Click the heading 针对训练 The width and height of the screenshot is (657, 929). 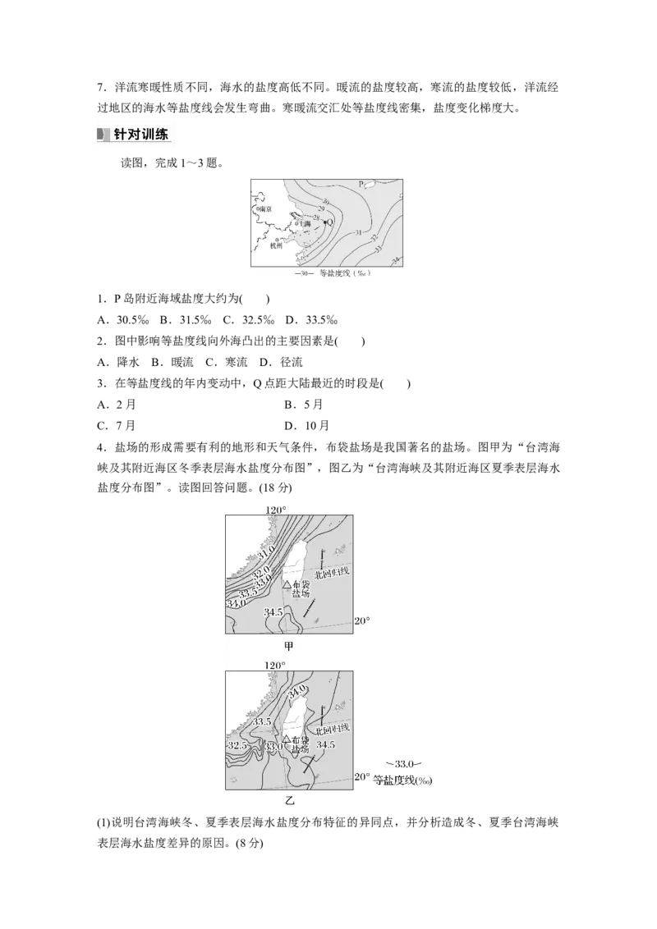pyautogui.click(x=140, y=135)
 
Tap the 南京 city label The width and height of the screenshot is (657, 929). pyautogui.click(x=264, y=209)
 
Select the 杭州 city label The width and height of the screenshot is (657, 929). pyautogui.click(x=276, y=244)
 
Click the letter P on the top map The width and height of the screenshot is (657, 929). pyautogui.click(x=361, y=185)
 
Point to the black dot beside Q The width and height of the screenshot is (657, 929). pyautogui.click(x=324, y=222)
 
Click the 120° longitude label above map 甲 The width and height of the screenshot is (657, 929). pyautogui.click(x=276, y=510)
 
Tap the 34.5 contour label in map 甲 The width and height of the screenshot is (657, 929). pyautogui.click(x=273, y=612)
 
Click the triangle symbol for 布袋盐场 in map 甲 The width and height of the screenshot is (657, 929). pyautogui.click(x=287, y=585)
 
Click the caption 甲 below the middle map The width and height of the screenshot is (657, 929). pyautogui.click(x=289, y=646)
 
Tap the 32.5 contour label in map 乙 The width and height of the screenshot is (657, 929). pyautogui.click(x=238, y=745)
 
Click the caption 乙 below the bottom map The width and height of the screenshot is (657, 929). pyautogui.click(x=289, y=801)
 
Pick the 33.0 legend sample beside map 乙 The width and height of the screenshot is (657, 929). pyautogui.click(x=402, y=765)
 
